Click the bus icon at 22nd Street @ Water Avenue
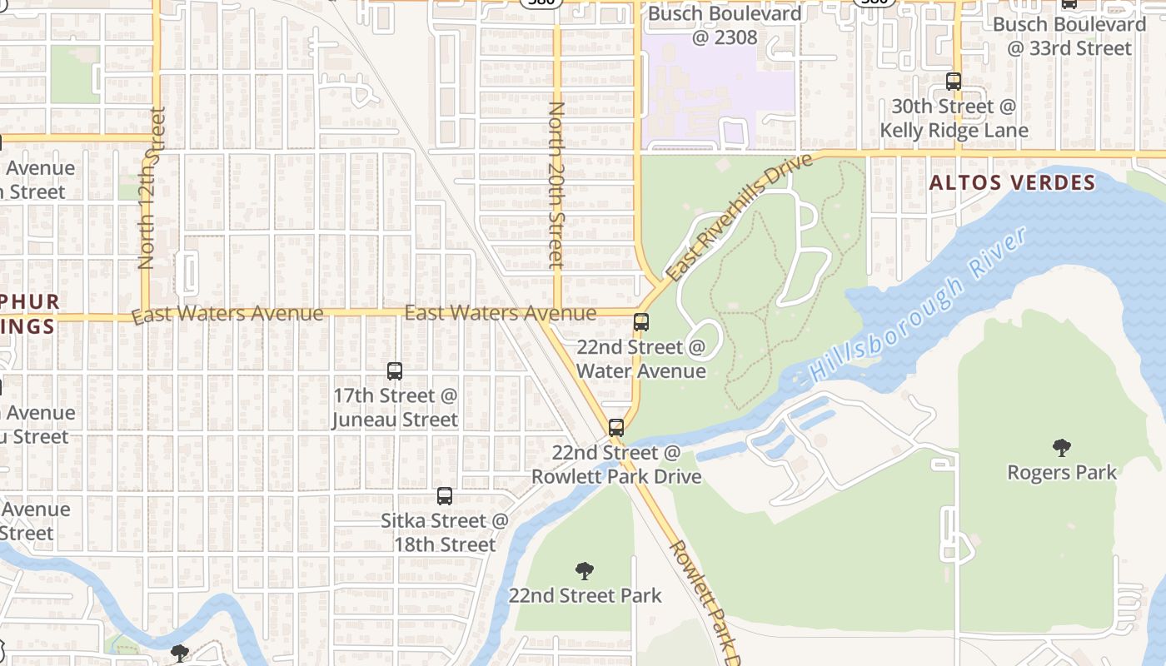click(641, 322)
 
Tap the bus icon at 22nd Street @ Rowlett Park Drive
click(616, 428)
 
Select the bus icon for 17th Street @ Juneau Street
click(395, 371)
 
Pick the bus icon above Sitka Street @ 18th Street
click(445, 496)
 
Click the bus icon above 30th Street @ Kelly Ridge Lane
click(954, 82)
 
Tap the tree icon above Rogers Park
click(1061, 449)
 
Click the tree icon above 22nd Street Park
click(585, 571)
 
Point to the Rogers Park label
click(1061, 473)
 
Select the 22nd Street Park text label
click(585, 595)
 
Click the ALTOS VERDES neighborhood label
click(1012, 183)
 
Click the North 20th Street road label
click(556, 185)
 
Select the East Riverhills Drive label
click(739, 216)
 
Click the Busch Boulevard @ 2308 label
click(713, 25)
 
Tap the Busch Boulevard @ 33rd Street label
click(1069, 36)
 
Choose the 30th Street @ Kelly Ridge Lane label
click(954, 118)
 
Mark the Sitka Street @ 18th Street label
click(444, 533)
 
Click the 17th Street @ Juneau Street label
click(395, 407)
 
